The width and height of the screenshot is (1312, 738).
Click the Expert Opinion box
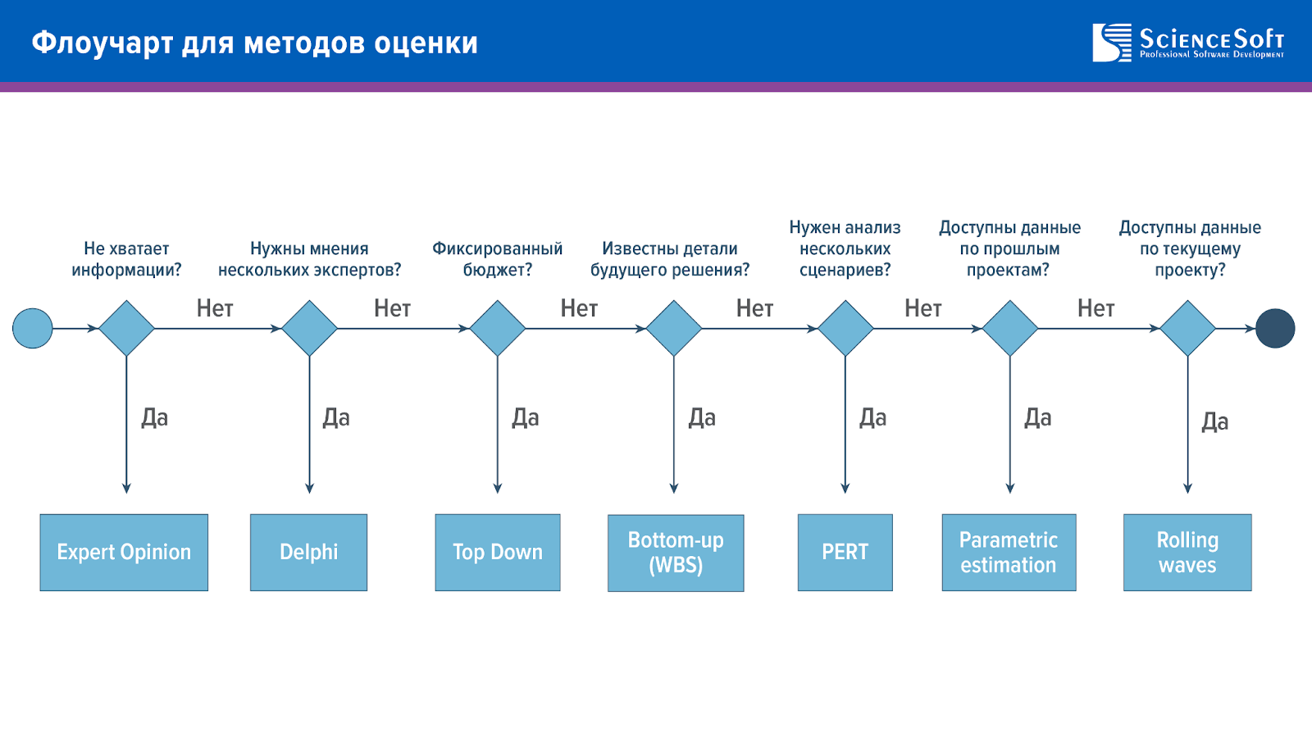[x=124, y=553]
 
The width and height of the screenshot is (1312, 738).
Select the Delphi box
[x=308, y=553]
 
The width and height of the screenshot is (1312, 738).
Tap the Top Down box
[x=497, y=553]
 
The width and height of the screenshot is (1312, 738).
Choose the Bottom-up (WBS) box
[x=676, y=553]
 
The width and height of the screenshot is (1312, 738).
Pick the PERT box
[x=845, y=553]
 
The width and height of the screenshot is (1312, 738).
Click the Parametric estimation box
[x=1009, y=553]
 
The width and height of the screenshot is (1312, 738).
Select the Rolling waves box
[x=1187, y=553]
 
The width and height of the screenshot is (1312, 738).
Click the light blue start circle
[x=33, y=329]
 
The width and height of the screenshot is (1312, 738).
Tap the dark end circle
[x=1275, y=329]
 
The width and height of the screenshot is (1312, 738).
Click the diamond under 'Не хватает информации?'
[x=126, y=329]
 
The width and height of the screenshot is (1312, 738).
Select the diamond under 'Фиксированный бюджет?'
[x=497, y=329]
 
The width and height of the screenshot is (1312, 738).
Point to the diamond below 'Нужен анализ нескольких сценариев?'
[x=845, y=329]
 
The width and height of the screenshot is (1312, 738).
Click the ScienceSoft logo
[x=1188, y=42]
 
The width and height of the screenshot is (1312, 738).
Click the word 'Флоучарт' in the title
[x=102, y=43]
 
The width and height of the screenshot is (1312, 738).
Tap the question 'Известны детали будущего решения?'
[x=670, y=259]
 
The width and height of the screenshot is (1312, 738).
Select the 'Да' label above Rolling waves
[x=1214, y=421]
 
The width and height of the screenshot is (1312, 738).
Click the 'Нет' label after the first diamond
[x=214, y=308]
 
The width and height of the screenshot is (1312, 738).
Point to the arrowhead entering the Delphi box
[x=309, y=489]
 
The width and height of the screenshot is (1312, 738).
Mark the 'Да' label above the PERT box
[x=872, y=418]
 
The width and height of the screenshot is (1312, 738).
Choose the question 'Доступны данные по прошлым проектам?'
[x=1009, y=248]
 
